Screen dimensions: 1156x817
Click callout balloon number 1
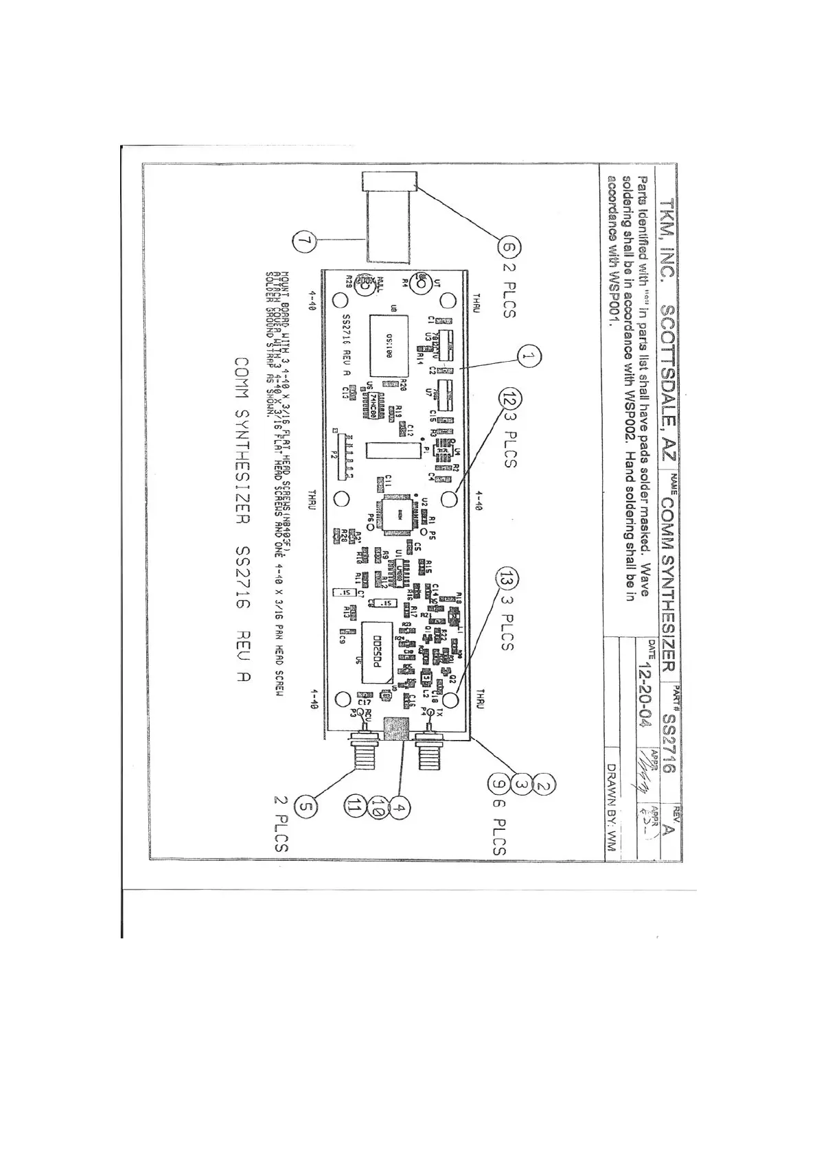527,356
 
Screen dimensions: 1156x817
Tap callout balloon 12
509,398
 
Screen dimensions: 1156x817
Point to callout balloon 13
509,579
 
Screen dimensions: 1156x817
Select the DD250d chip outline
377,651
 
